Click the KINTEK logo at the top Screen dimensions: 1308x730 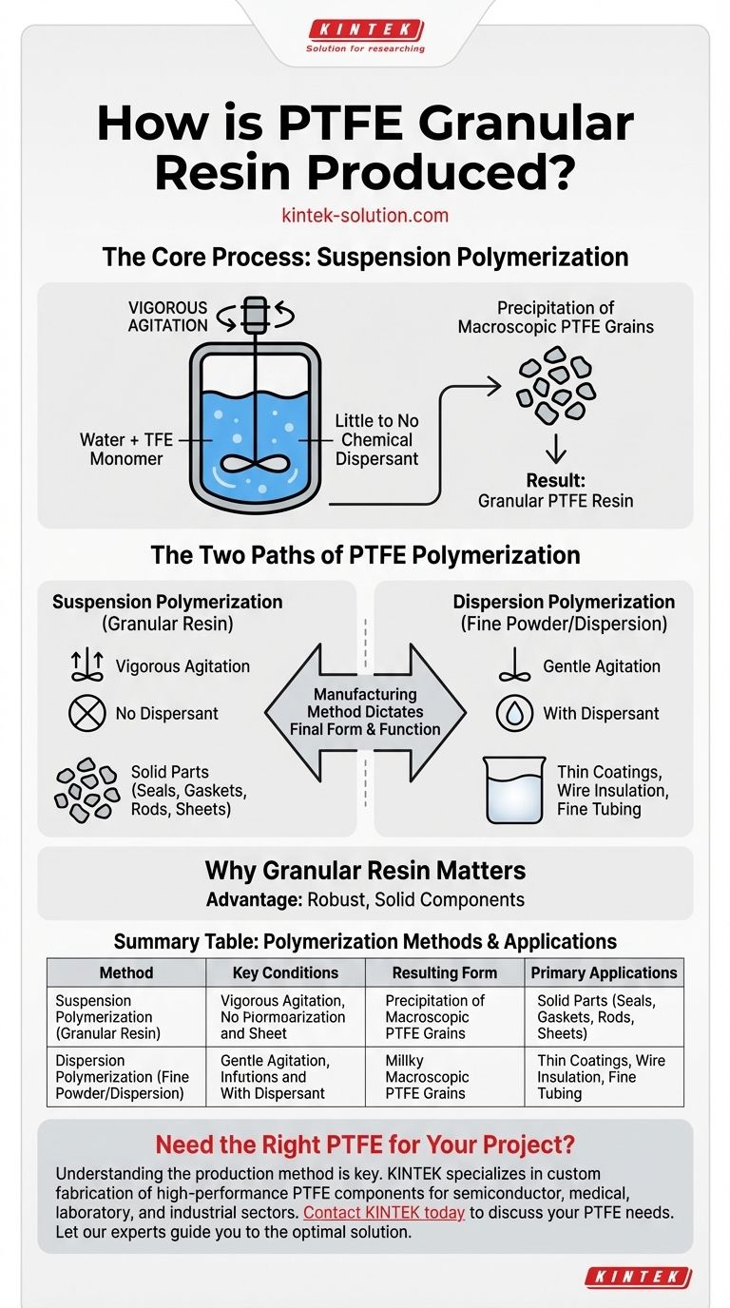coord(365,30)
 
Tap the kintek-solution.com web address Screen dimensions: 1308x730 coord(365,216)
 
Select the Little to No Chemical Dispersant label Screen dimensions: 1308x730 coord(376,440)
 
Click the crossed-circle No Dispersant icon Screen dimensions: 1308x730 coord(86,714)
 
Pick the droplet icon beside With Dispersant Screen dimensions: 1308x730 coord(514,714)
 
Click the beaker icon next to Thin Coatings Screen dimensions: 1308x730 coord(514,789)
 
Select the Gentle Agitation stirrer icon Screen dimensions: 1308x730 coord(514,667)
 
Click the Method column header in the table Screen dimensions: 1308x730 coord(126,972)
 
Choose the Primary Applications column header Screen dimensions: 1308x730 coord(604,972)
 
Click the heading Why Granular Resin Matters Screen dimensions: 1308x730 coord(365,871)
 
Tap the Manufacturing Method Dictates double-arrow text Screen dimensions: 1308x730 coord(365,712)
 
